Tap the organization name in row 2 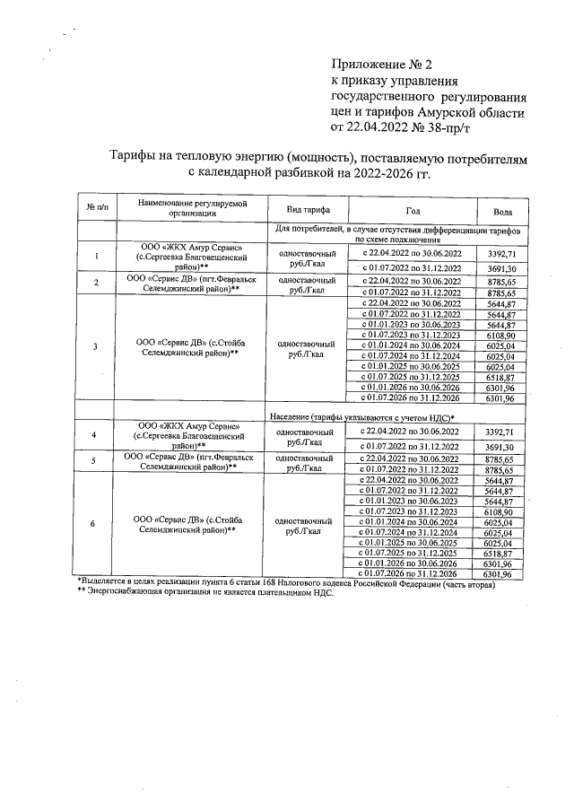pos(184,284)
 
